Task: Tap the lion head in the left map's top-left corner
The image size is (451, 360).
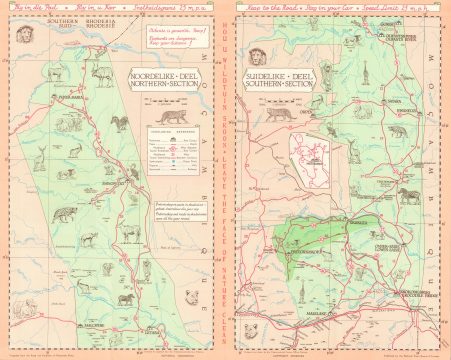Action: click(x=18, y=33)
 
